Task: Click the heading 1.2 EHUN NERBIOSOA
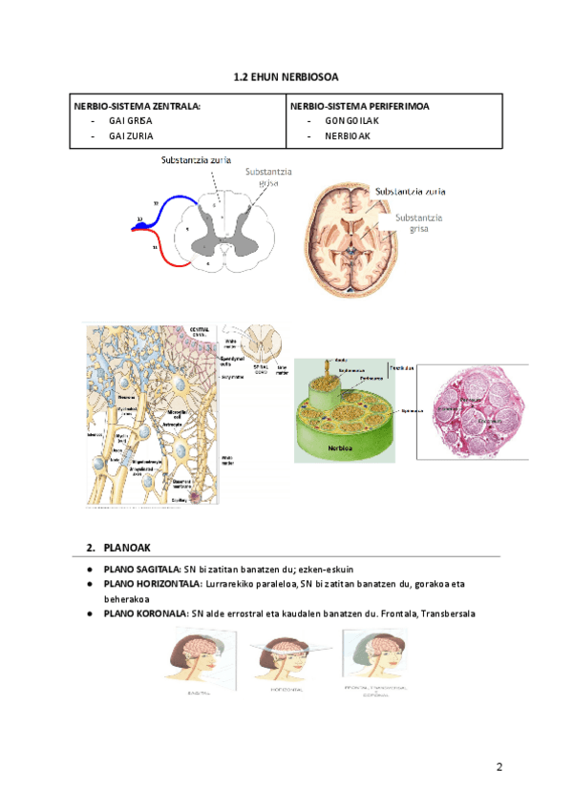pos(286,75)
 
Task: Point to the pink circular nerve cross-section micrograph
pos(471,413)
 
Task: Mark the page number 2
pos(499,767)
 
